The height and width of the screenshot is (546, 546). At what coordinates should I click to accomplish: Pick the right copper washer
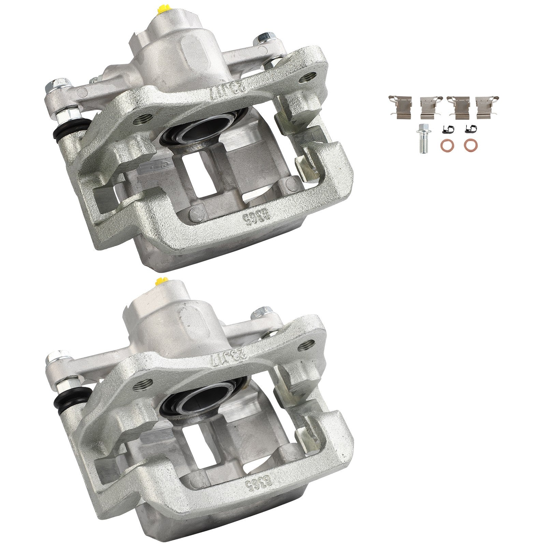(x=471, y=145)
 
